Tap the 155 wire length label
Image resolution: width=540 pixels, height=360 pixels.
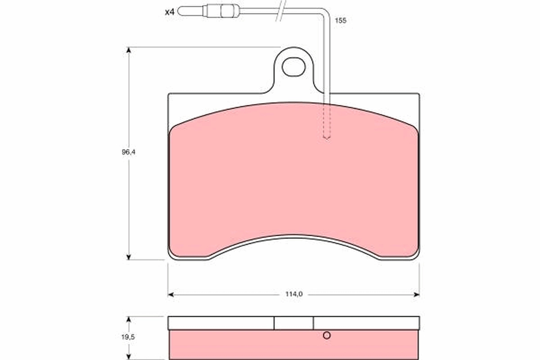click(x=341, y=21)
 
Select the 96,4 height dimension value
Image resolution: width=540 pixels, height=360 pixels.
click(x=129, y=152)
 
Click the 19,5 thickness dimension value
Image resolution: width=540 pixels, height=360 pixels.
click(x=129, y=336)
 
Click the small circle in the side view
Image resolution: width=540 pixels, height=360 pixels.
click(x=327, y=335)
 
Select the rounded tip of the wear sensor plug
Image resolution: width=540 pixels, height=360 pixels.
click(x=182, y=11)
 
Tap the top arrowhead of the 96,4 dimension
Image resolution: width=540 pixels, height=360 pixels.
click(x=129, y=50)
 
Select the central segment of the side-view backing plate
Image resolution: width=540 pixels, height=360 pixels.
click(x=293, y=323)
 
